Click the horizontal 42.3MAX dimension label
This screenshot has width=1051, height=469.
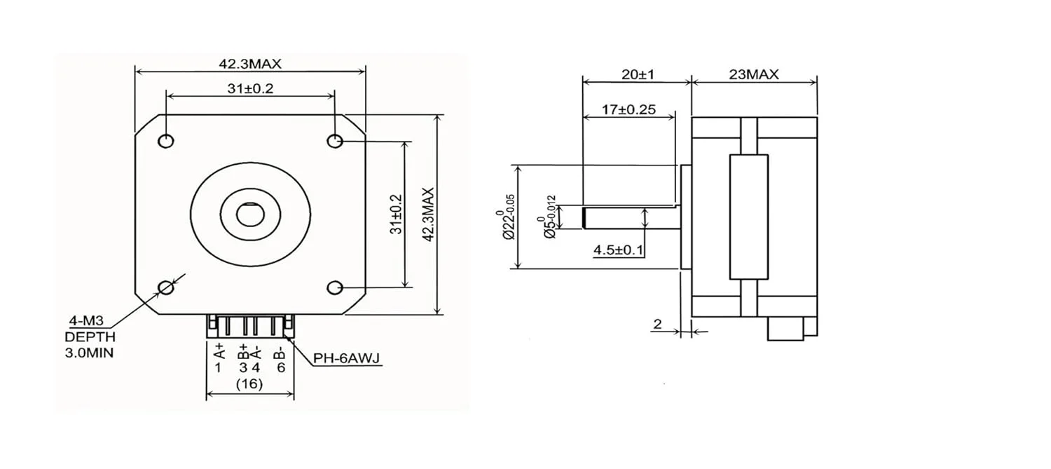pyautogui.click(x=249, y=64)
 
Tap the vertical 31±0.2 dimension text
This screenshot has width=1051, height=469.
pyautogui.click(x=396, y=215)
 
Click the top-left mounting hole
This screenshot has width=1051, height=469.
pyautogui.click(x=166, y=141)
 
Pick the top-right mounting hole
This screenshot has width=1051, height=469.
pyautogui.click(x=335, y=141)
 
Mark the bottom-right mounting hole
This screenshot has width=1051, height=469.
pyautogui.click(x=335, y=287)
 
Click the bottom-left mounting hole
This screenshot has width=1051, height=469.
pyautogui.click(x=166, y=287)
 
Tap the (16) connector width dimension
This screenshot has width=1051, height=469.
pyautogui.click(x=249, y=384)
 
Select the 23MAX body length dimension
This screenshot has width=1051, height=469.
pyautogui.click(x=753, y=74)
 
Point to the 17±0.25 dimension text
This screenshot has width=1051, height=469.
pyautogui.click(x=628, y=109)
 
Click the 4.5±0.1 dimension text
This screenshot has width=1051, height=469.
pyautogui.click(x=619, y=249)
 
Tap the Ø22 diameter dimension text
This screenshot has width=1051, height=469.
pyautogui.click(x=509, y=217)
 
